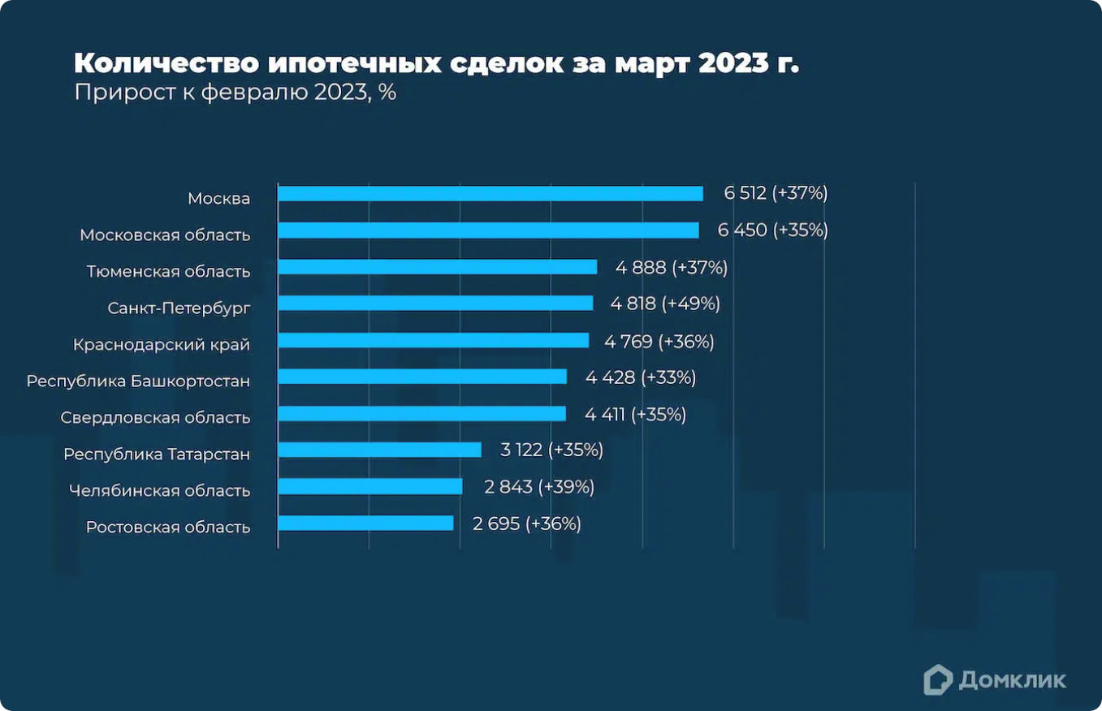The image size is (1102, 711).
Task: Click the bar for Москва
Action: [x=490, y=194]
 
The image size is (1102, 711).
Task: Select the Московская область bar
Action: [x=488, y=231]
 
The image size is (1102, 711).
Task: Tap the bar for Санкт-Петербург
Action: [x=435, y=304]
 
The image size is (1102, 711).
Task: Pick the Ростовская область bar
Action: [x=365, y=524]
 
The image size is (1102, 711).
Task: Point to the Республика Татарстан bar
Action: [x=379, y=450]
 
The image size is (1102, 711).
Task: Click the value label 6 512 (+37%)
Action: [x=776, y=193]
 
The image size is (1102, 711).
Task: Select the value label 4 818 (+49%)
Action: [x=665, y=304]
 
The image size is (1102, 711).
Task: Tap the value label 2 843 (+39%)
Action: [x=539, y=487]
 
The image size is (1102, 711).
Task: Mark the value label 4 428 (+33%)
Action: [x=641, y=377]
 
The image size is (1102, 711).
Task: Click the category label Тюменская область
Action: [x=168, y=272]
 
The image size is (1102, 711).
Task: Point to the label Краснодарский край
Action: [x=162, y=345]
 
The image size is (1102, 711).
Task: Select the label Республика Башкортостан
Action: [x=138, y=381]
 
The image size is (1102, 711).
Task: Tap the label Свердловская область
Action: [x=155, y=418]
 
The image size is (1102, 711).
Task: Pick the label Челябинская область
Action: [x=159, y=491]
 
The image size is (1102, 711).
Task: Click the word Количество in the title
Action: [x=166, y=63]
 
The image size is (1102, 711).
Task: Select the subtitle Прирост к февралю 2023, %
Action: [x=235, y=93]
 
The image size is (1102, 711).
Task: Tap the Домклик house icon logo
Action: [x=938, y=679]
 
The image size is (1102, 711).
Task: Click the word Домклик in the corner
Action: [x=1012, y=680]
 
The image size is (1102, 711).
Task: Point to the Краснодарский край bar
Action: [x=433, y=340]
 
